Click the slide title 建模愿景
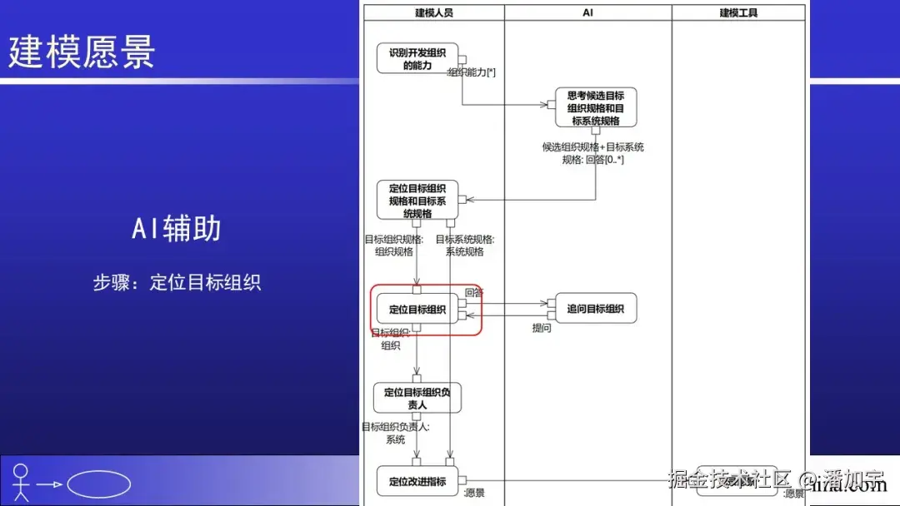82,51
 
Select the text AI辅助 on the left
176,228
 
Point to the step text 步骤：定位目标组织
177,282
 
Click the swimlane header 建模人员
433,12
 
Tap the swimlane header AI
587,12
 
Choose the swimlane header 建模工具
738,12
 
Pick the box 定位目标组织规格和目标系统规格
417,201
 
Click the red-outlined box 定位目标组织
417,310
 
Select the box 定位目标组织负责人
417,398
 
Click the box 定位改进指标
417,481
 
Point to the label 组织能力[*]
472,72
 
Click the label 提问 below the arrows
542,329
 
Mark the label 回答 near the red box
474,292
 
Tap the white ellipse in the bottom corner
98,484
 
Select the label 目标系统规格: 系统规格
464,246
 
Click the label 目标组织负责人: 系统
395,433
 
